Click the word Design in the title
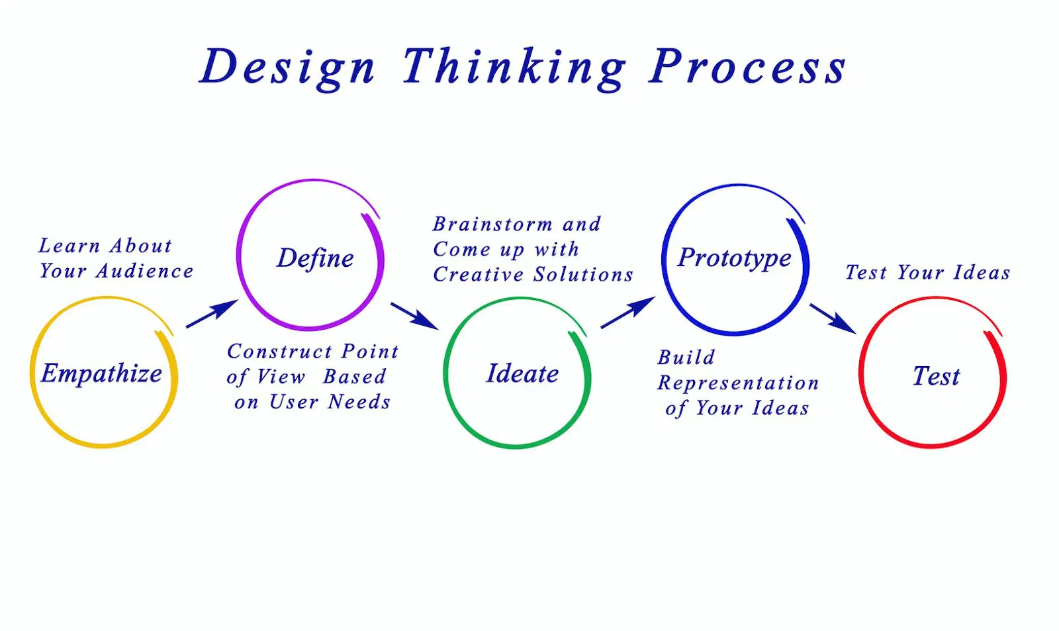coord(287,68)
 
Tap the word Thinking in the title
coord(514,68)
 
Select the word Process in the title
coord(747,68)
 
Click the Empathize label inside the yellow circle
coord(101,373)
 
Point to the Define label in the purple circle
coord(315,258)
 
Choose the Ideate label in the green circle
coord(522,373)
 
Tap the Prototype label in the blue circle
coord(734,258)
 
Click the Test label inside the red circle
coord(936,376)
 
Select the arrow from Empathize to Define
coord(212,313)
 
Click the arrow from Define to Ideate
coord(414,316)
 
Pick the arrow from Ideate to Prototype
coord(627,312)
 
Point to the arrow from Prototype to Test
coord(833,318)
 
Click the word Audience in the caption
coord(145,271)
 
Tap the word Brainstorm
coord(493,224)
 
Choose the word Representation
coord(738,383)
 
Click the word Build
coord(686,358)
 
